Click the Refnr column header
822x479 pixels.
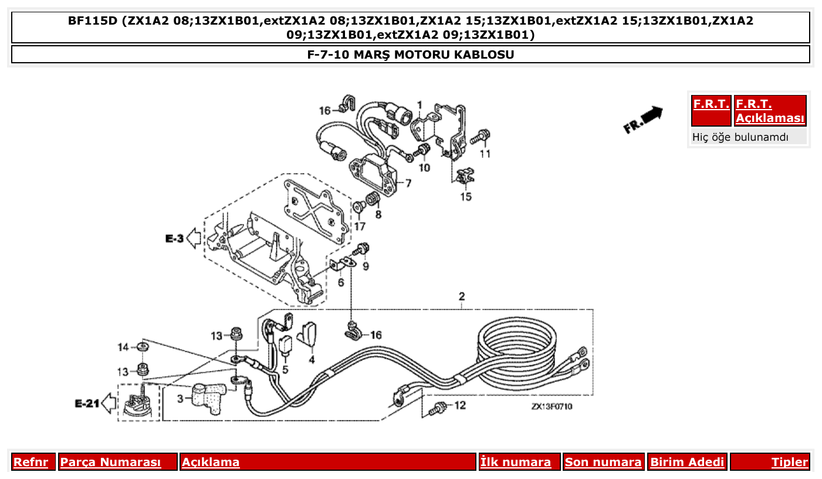(x=31, y=462)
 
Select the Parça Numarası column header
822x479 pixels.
(x=110, y=462)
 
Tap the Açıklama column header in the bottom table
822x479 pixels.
(x=211, y=462)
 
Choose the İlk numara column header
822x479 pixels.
(x=516, y=462)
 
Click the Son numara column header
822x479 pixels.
(x=603, y=462)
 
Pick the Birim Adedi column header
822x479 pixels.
(x=687, y=462)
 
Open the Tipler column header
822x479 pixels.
(x=789, y=462)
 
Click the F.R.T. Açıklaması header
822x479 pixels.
(x=770, y=111)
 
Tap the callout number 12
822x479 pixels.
(x=460, y=405)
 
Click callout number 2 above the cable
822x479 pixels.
(x=462, y=296)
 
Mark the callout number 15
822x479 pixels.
(x=465, y=196)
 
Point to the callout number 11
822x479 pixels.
(x=485, y=154)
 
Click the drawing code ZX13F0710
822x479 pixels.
(x=552, y=406)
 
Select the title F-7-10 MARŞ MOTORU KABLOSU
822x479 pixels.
(x=411, y=55)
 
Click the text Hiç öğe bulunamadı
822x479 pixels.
(x=740, y=137)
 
